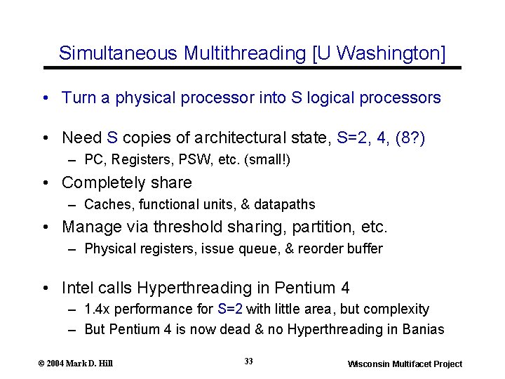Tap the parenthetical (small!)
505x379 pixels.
click(x=266, y=161)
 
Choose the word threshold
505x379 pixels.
click(x=189, y=227)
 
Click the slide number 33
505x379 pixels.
click(x=249, y=361)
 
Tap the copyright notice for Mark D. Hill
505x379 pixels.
click(x=76, y=363)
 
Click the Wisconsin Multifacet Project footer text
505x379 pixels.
click(x=405, y=364)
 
